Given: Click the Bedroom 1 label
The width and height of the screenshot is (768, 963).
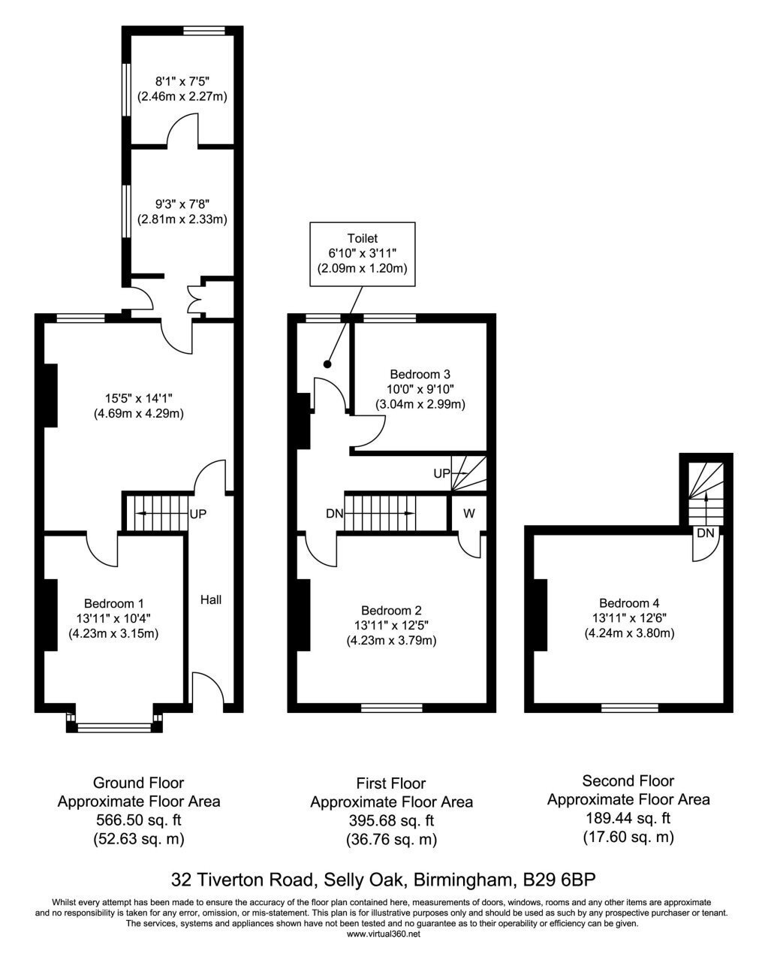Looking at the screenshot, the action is (x=113, y=604).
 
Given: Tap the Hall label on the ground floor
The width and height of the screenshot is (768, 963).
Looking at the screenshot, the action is (x=211, y=599).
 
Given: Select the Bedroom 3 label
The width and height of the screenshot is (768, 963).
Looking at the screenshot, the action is (x=420, y=373).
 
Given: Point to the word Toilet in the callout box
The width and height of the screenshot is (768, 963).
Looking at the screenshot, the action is (x=363, y=238).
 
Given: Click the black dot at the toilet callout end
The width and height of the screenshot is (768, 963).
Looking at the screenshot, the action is (x=327, y=364).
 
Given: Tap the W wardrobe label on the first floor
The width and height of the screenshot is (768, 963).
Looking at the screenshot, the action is (x=468, y=513).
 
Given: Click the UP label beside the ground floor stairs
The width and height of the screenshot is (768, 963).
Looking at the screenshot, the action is (x=198, y=514).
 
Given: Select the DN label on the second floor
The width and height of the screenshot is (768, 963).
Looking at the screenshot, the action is (x=706, y=533).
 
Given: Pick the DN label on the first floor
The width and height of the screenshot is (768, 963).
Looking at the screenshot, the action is (x=335, y=514).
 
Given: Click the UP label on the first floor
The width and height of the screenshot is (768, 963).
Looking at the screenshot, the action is (x=442, y=473).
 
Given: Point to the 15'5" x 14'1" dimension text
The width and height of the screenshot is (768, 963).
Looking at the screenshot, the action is (x=139, y=397).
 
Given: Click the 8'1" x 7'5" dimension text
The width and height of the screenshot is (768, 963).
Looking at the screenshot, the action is (x=182, y=81).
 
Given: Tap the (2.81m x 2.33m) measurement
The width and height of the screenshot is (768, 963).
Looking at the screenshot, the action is (x=182, y=219).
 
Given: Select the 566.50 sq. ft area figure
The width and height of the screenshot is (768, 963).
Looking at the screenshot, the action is (x=139, y=820).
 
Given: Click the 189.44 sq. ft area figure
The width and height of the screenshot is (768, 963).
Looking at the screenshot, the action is (x=628, y=818).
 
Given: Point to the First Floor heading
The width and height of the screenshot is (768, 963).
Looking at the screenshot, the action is (x=391, y=783).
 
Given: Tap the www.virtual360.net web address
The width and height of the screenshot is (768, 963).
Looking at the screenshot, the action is (x=384, y=934).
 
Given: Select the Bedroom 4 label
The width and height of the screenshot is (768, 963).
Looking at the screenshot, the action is (x=629, y=603).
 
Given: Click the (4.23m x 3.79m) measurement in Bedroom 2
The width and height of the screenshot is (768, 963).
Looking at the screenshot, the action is (x=391, y=641).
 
